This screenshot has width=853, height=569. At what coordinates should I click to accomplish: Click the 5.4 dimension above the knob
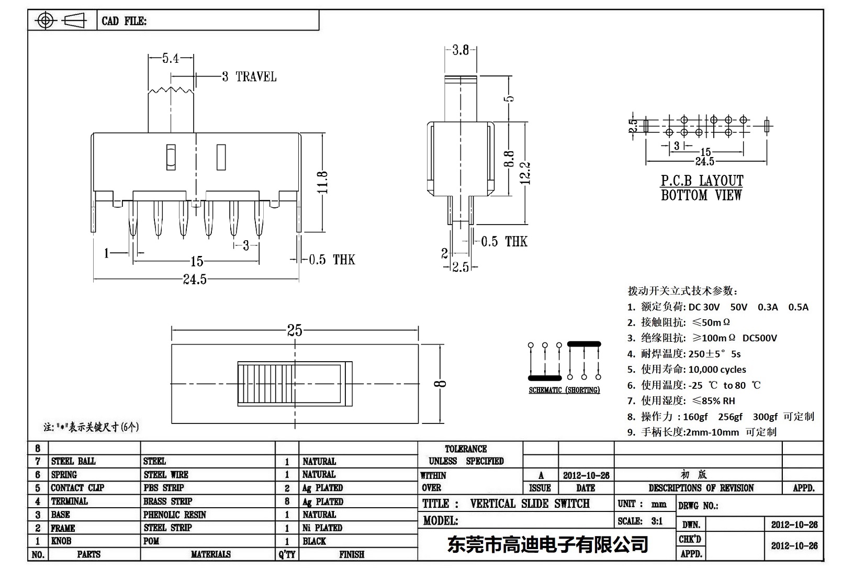pos(171,58)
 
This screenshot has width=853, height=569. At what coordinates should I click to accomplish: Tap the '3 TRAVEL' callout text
pos(249,76)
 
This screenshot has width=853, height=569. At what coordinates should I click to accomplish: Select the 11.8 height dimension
pos(323,182)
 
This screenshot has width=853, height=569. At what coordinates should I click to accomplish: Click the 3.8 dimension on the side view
pos(461,50)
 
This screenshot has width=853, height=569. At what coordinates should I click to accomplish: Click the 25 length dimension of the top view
pos(295,330)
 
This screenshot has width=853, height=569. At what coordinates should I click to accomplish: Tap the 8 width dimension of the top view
pos(442,384)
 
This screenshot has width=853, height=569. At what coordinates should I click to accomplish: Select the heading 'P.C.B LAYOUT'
pos(701,181)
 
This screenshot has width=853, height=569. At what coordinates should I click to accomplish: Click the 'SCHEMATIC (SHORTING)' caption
pos(564,390)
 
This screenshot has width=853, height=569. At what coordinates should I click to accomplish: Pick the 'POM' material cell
pos(151,541)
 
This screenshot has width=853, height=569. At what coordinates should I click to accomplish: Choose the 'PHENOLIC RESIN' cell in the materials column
pos(175,515)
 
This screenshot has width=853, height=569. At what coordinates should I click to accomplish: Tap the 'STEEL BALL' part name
pos(73,461)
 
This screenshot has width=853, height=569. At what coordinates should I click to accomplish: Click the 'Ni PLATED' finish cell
pos(322,528)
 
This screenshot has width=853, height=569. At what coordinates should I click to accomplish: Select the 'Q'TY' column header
pos(287,554)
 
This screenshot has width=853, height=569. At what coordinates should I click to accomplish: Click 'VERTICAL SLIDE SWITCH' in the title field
pos(530,504)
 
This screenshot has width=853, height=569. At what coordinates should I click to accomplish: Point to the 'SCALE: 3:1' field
pos(640,521)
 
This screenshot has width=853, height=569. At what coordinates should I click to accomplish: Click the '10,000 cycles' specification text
pos(717,370)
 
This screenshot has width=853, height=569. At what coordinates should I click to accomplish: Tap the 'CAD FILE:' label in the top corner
pos(124,21)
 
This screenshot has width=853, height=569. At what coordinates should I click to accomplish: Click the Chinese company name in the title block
pos(547,544)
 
